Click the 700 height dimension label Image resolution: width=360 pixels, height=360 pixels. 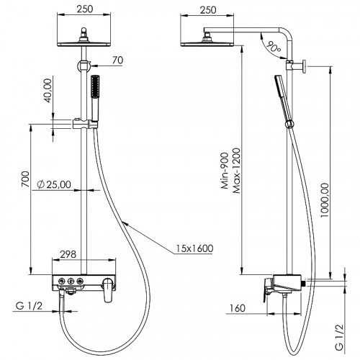25,179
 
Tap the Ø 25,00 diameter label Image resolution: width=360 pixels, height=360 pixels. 54,184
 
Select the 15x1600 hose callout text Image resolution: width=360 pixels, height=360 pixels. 194,248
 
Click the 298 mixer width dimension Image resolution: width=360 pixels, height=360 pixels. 68,254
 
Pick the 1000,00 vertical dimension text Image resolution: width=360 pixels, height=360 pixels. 325,200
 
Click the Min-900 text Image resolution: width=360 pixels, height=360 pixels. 225,171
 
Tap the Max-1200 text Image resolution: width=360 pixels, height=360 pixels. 236,171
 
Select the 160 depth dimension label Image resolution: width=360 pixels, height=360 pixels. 238,308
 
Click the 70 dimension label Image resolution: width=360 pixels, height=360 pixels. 118,60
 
